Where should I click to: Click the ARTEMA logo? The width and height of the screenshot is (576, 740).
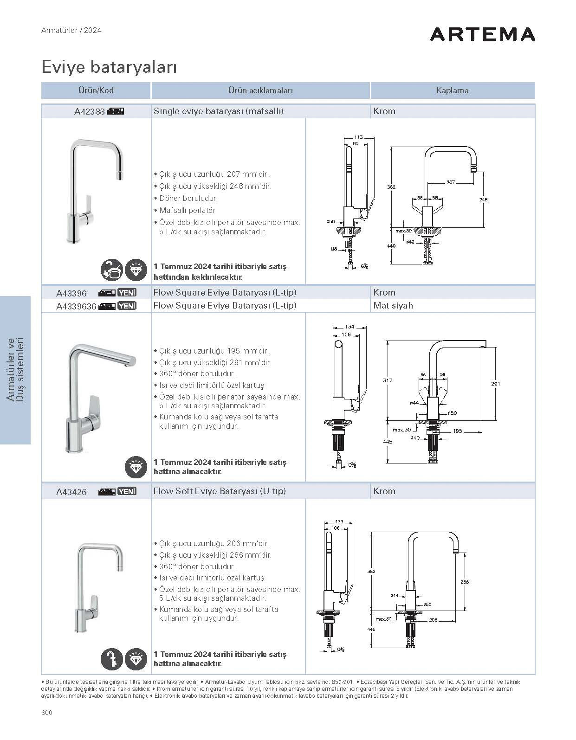482,34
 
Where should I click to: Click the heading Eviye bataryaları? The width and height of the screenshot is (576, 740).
109,67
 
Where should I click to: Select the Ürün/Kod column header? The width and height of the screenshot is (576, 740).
96,90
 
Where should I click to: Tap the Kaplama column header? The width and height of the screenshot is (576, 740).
452,90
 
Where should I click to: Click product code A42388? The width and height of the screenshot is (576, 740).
89,111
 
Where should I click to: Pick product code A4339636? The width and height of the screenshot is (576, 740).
76,306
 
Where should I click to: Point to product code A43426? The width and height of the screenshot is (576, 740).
71,492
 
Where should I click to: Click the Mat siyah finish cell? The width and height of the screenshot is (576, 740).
393,305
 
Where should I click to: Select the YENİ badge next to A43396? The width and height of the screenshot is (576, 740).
127,293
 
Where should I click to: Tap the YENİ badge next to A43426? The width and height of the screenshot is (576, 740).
127,491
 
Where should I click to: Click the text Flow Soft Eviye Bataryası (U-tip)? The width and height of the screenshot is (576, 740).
220,491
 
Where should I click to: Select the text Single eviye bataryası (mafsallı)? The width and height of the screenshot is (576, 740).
218,111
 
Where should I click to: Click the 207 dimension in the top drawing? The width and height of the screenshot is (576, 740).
450,182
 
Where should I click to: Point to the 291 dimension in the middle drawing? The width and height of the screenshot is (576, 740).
495,384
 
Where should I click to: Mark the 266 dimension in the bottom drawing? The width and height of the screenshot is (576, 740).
465,582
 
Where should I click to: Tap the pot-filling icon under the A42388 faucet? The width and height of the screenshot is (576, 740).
112,270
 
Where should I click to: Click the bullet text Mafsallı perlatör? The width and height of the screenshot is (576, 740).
187,210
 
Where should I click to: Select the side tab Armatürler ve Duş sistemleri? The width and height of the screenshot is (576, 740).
15,370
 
